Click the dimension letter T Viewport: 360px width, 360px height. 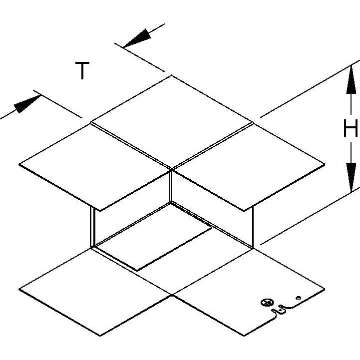coord(82,70)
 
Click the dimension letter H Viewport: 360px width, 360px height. coord(351,128)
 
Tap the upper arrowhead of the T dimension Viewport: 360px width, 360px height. coord(137,38)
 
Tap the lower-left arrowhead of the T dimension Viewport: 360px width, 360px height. coord(27,104)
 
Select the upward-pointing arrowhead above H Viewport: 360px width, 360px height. coord(351,79)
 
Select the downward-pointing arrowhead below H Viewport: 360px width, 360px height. coord(352,177)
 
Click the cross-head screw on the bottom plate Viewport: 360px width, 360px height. coord(267,303)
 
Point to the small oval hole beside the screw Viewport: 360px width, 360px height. coord(299,298)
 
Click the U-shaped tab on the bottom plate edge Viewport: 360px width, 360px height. coord(282,311)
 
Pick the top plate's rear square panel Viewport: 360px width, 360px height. coord(172,122)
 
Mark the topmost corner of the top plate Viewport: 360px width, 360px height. coord(171,75)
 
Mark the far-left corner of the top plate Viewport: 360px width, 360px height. coord(19,164)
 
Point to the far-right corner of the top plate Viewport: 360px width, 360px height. coord(325,164)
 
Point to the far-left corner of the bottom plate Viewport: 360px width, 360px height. coord(19,289)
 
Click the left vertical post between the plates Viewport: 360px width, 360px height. coord(92,227)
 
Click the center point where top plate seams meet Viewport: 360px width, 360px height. coord(171,169)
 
